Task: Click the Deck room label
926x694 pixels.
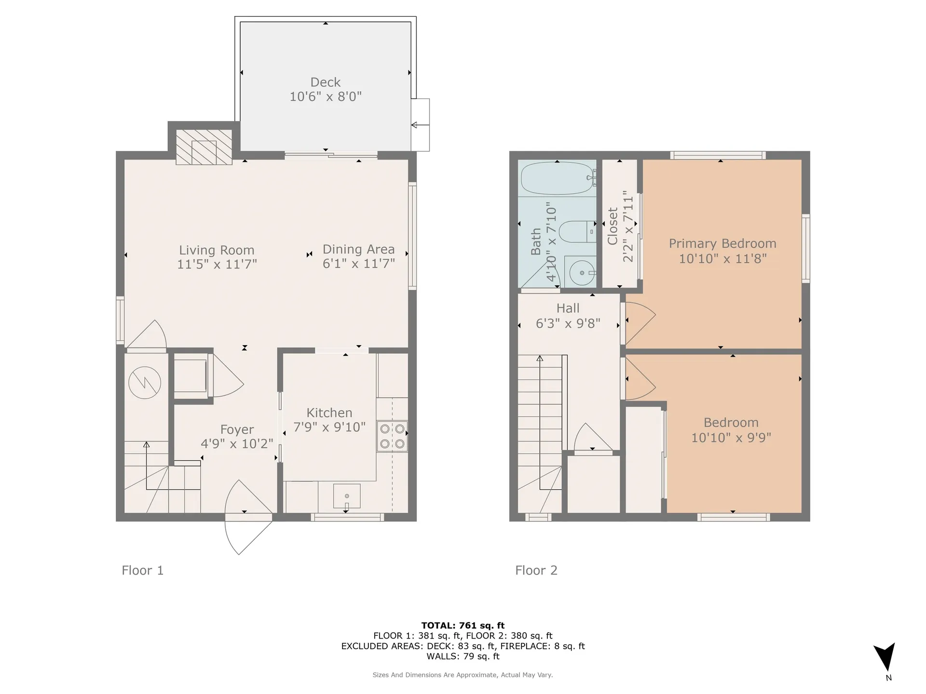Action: [x=326, y=82]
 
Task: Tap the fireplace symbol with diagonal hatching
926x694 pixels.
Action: [x=204, y=147]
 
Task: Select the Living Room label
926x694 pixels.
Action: [x=217, y=250]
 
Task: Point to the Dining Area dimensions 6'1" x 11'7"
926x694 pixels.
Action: [x=359, y=263]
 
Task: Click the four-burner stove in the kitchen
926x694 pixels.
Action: [x=392, y=436]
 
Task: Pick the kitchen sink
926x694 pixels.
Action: [x=347, y=496]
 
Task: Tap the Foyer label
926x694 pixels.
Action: [x=237, y=429]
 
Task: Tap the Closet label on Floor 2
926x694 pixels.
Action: [x=613, y=226]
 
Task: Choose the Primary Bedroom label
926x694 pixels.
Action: [x=722, y=243]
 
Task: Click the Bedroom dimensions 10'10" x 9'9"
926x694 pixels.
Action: [x=731, y=438]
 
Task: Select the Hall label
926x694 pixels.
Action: [x=568, y=308]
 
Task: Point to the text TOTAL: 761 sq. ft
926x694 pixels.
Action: [x=463, y=626]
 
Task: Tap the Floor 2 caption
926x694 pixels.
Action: [x=536, y=571]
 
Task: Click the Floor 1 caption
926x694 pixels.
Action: [x=143, y=571]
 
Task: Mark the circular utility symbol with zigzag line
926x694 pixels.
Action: [x=145, y=383]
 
